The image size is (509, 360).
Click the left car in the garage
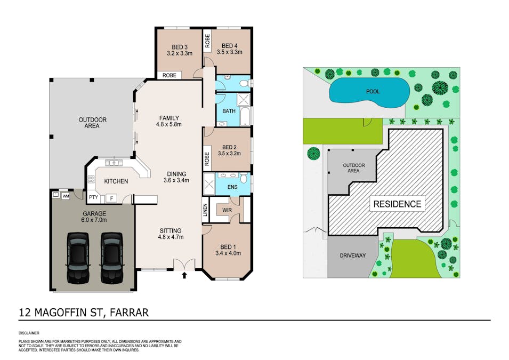click(77, 258)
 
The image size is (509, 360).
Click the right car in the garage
click(111, 258)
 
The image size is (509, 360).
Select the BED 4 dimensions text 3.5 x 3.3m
click(230, 52)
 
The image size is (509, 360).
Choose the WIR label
click(227, 210)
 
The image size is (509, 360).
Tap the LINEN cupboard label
click(205, 210)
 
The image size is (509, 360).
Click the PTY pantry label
click(93, 198)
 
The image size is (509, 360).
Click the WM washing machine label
click(66, 196)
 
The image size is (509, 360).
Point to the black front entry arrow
click(184, 276)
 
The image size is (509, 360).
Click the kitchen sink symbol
click(114, 163)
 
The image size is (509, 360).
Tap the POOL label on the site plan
click(373, 91)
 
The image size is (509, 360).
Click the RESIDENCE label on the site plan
click(397, 204)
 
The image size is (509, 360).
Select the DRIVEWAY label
click(353, 255)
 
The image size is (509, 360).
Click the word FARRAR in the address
click(129, 312)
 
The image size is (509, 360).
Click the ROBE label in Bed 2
click(206, 158)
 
